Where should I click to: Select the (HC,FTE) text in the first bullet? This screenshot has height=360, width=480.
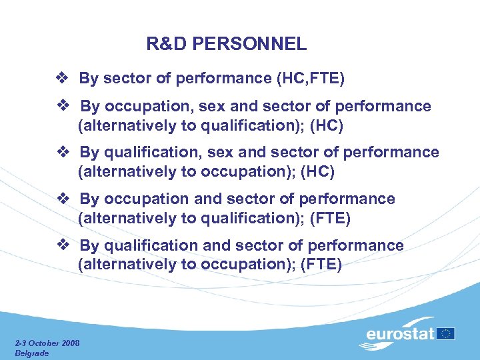click(x=310, y=79)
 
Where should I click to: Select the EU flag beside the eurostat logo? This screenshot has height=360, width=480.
click(x=447, y=333)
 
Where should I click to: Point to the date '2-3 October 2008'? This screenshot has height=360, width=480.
click(x=47, y=343)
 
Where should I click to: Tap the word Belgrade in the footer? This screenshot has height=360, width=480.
click(x=32, y=353)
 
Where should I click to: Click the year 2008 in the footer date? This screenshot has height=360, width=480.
click(x=69, y=343)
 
